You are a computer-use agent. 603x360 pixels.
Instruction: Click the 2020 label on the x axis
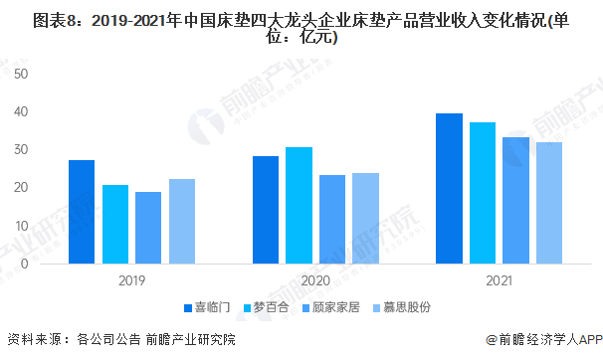pos(315,279)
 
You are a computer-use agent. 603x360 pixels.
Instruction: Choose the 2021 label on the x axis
pos(500,279)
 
